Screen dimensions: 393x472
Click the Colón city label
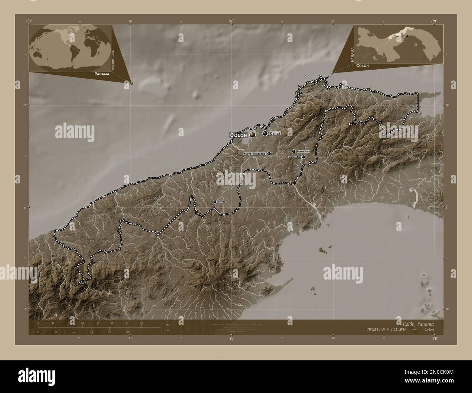[239, 135]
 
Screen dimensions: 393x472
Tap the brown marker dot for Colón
[252, 135]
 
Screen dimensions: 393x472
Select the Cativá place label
[275, 133]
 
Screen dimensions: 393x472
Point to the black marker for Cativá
[265, 133]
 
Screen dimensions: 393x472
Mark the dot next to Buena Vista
[293, 151]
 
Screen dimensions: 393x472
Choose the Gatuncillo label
[294, 157]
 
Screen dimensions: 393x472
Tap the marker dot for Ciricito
[215, 202]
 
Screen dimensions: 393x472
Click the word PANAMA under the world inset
[101, 74]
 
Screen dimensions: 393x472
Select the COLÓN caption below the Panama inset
[362, 66]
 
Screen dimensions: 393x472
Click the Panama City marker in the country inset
[407, 36]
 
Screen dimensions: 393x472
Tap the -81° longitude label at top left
[29, 21]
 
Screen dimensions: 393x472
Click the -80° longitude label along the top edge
[231, 21]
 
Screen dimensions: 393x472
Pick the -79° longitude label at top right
[434, 21]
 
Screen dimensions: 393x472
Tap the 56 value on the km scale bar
[141, 323]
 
